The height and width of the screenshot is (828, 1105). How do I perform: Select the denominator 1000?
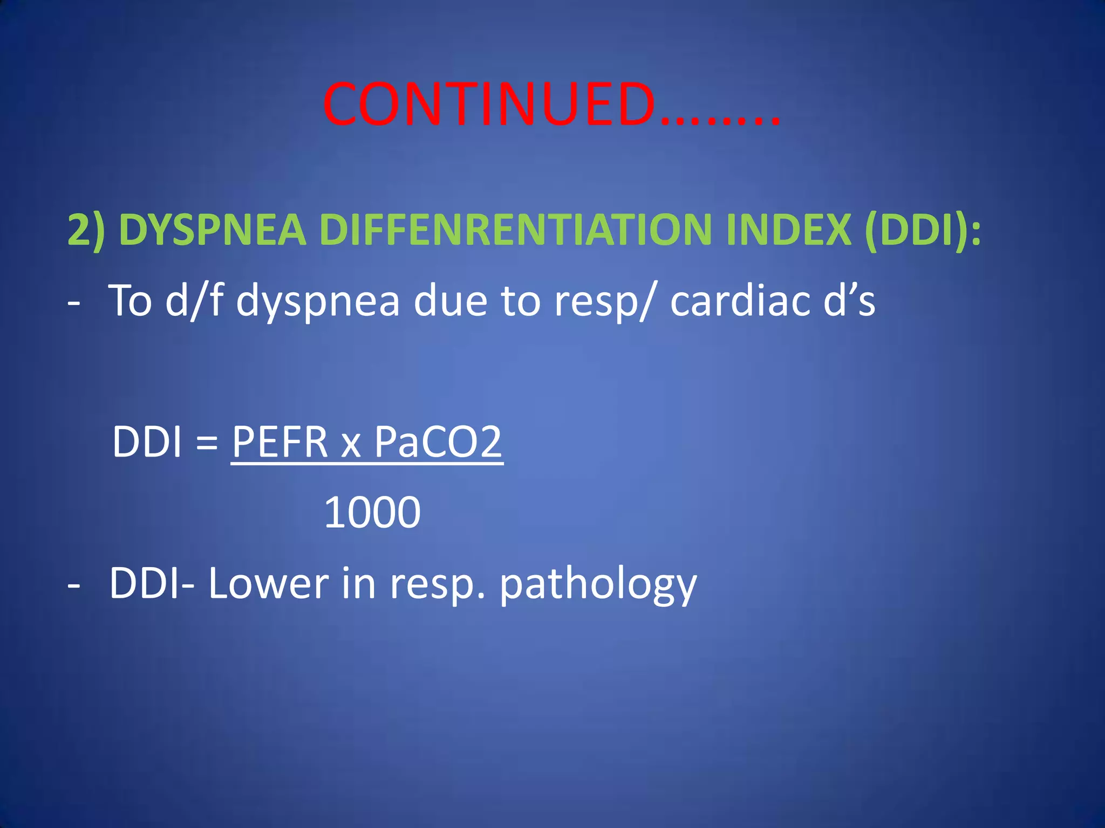[x=372, y=512]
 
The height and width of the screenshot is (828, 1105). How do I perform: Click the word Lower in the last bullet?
[x=268, y=583]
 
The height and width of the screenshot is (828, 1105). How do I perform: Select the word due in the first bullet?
[x=450, y=301]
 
